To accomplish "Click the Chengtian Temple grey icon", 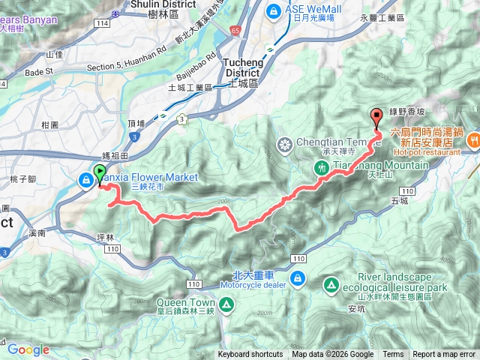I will click(x=285, y=144).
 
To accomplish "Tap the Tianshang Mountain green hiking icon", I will click(x=322, y=168).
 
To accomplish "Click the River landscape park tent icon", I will click(x=331, y=284).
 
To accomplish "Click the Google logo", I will click(x=28, y=349).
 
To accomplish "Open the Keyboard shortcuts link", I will click(x=250, y=355).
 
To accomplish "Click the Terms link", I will click(x=392, y=355).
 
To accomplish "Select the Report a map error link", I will click(x=444, y=355).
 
